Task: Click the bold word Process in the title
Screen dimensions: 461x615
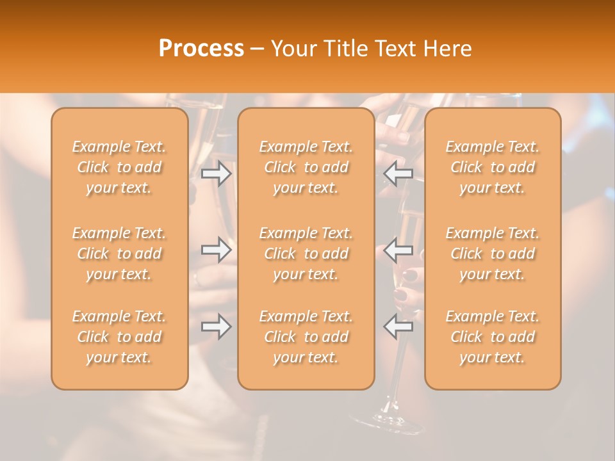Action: (201, 49)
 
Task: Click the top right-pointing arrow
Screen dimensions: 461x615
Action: (216, 174)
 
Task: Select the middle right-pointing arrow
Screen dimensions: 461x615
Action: (216, 249)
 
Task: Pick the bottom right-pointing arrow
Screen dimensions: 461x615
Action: (216, 327)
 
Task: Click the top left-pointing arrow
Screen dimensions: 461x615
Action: (398, 174)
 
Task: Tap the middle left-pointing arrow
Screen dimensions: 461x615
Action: (398, 249)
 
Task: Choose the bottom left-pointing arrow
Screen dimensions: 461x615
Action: (398, 327)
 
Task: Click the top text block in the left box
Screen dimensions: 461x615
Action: (119, 167)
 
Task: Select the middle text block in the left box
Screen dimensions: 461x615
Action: (119, 254)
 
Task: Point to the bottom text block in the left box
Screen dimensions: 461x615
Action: (119, 337)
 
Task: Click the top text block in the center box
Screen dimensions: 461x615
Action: (306, 167)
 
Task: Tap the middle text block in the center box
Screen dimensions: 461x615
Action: (306, 254)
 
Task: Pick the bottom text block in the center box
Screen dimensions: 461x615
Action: (306, 337)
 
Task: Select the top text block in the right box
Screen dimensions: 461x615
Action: (492, 167)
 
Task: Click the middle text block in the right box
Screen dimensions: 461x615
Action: (492, 254)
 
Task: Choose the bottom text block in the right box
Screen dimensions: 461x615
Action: (492, 337)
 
